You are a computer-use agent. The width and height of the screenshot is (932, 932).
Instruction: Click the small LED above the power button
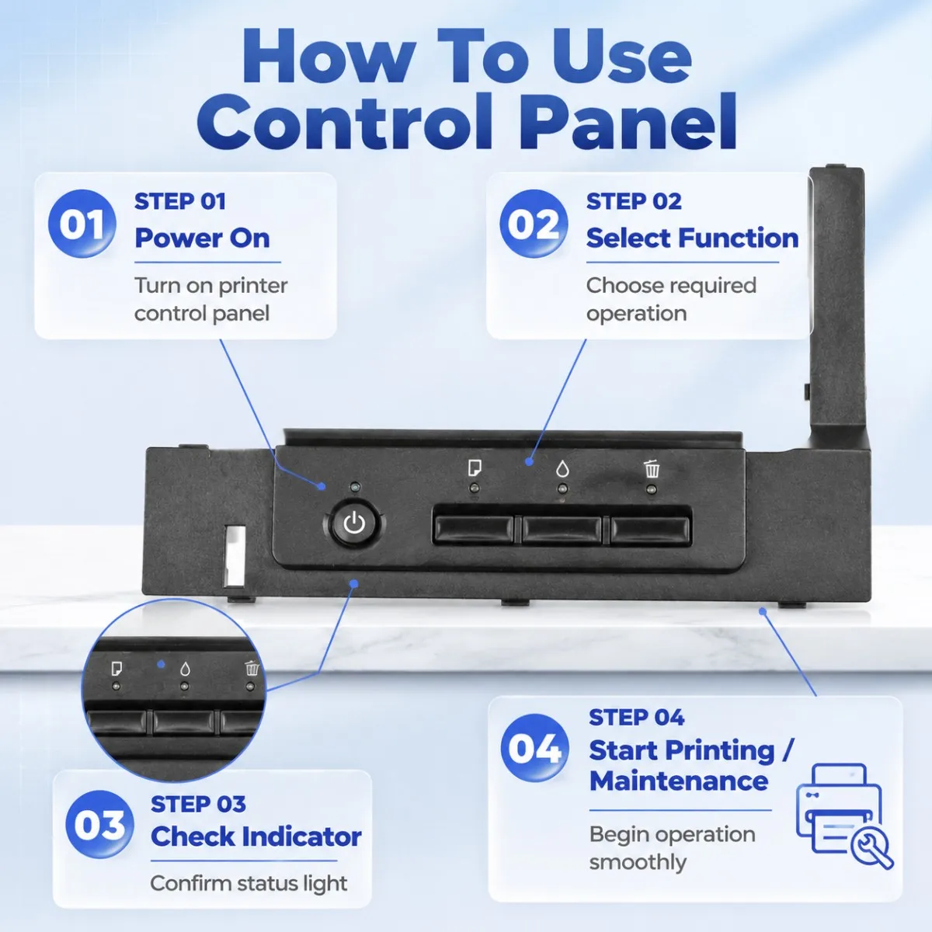coord(355,486)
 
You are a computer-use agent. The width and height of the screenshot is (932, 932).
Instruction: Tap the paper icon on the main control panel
coord(475,468)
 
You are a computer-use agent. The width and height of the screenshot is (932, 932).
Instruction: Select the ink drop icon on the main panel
coord(562,468)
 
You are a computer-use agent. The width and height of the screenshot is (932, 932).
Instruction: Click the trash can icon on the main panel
coord(652,468)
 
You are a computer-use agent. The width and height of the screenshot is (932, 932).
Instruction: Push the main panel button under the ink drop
coord(562,530)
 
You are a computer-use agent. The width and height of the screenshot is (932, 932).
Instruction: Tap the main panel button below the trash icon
coord(649,530)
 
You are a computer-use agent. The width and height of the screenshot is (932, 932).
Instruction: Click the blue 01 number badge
coord(82,224)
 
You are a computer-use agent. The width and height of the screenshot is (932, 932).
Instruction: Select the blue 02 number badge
coord(534,224)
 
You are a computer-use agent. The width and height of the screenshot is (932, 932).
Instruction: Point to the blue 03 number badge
coord(99,825)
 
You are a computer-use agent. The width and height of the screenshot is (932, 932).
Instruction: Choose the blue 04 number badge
coord(535,748)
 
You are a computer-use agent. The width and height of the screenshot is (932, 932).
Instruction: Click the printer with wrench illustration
coord(843,816)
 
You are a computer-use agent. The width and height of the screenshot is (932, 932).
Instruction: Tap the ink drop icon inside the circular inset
coord(185,669)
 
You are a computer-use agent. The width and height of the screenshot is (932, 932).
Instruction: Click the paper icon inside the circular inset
coord(116,669)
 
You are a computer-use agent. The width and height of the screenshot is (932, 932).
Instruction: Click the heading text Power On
coord(202,238)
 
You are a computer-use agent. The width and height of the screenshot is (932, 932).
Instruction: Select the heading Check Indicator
coord(256,836)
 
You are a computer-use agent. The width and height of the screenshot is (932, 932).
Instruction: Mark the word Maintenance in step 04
coord(679,781)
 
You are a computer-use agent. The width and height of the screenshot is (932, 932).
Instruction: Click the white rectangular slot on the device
coord(235,556)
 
